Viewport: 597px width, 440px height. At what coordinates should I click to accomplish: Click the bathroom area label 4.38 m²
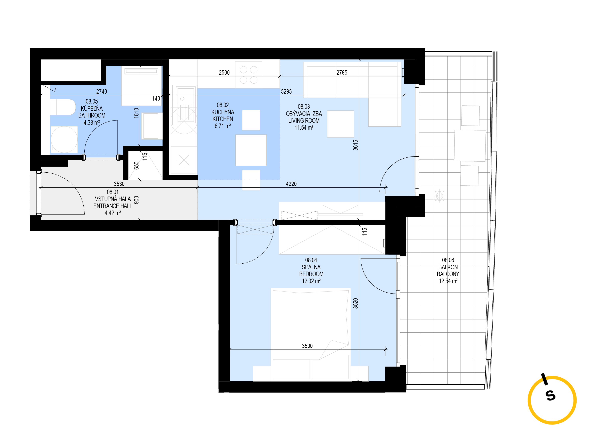pyautogui.click(x=92, y=123)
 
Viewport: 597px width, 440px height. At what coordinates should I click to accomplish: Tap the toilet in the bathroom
pyautogui.click(x=63, y=107)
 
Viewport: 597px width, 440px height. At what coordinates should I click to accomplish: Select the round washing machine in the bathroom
pyautogui.click(x=64, y=139)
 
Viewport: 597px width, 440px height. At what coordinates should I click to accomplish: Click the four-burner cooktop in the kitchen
pyautogui.click(x=248, y=75)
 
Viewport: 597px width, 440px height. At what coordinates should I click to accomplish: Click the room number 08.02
pyautogui.click(x=223, y=105)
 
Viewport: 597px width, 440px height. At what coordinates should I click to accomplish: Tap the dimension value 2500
pyautogui.click(x=224, y=72)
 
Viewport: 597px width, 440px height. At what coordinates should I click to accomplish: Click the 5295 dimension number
pyautogui.click(x=286, y=92)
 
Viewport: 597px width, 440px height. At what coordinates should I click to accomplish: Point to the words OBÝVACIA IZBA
pyautogui.click(x=304, y=114)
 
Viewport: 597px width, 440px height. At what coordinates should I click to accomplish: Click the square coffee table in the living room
pyautogui.click(x=340, y=124)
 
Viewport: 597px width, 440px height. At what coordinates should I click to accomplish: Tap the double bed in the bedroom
pyautogui.click(x=310, y=334)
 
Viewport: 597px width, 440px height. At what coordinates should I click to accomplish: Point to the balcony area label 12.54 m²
pyautogui.click(x=448, y=281)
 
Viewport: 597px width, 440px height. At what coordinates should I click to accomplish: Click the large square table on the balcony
pyautogui.click(x=470, y=145)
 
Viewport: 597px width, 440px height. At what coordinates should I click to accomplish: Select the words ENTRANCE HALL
pyautogui.click(x=113, y=206)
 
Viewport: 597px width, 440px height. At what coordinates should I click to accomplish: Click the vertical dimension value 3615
pyautogui.click(x=356, y=145)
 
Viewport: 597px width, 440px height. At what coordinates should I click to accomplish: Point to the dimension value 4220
pyautogui.click(x=291, y=184)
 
